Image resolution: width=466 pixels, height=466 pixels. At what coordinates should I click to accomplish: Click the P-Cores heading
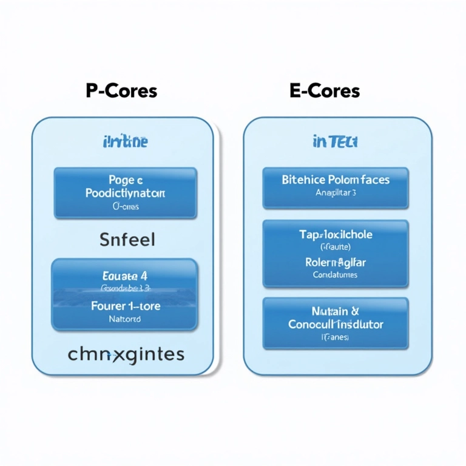click(121, 91)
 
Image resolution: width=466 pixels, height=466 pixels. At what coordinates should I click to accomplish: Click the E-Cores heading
click(325, 91)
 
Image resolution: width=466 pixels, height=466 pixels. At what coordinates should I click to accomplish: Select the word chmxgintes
click(127, 354)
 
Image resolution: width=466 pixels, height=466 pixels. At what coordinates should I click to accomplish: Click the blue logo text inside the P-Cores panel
click(124, 143)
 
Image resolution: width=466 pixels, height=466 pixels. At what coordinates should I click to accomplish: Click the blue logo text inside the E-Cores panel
click(336, 142)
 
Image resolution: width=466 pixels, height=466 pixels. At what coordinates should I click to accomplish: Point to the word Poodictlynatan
click(126, 194)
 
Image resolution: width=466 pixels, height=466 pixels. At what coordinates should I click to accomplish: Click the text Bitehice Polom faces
click(336, 180)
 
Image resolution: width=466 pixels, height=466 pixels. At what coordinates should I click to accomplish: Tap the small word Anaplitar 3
click(336, 193)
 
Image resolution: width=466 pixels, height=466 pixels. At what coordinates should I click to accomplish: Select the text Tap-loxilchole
click(336, 234)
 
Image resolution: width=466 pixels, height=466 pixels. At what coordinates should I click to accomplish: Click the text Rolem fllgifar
click(336, 262)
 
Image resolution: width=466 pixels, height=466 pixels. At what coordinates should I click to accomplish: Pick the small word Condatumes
click(336, 275)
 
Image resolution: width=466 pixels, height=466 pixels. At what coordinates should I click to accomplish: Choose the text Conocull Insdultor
click(336, 325)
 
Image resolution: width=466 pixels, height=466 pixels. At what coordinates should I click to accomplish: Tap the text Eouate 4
click(126, 274)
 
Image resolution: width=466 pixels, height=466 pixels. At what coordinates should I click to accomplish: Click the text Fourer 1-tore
click(126, 306)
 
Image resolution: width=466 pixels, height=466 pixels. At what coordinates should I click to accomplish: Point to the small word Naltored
click(124, 319)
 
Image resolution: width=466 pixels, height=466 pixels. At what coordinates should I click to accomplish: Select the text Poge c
click(126, 180)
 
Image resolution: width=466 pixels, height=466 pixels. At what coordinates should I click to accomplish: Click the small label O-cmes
click(126, 207)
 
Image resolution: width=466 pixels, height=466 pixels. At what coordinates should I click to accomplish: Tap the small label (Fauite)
click(336, 247)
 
